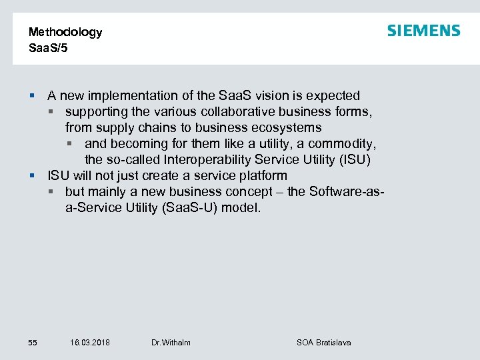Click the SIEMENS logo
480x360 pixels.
(x=423, y=31)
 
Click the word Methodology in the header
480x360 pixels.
(x=65, y=32)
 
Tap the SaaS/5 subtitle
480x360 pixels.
(x=49, y=48)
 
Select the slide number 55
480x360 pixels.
(x=33, y=343)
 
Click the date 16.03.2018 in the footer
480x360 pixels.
(x=90, y=343)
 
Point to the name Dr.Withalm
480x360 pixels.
(x=171, y=343)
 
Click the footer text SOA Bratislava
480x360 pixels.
(x=323, y=343)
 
